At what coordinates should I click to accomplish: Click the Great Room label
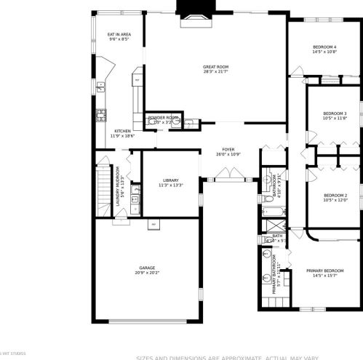pos(215,66)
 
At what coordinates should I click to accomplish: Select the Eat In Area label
pos(119,34)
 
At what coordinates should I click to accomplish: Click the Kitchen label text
pos(121,131)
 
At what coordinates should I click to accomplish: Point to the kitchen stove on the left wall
pos(101,115)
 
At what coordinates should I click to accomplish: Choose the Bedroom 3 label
pos(335,113)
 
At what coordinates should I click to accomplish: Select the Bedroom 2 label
pos(335,195)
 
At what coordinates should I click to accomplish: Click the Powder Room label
pos(163,117)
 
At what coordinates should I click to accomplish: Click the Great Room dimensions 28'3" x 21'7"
pos(215,72)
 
